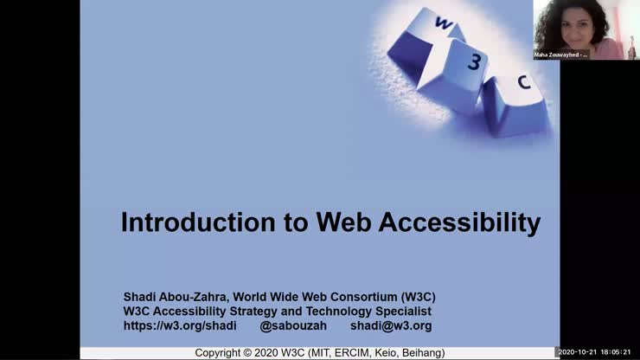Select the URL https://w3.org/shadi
tap(180, 325)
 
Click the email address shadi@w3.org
tap(390, 325)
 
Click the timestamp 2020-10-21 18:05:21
tap(596, 353)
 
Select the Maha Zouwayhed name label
tap(560, 55)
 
